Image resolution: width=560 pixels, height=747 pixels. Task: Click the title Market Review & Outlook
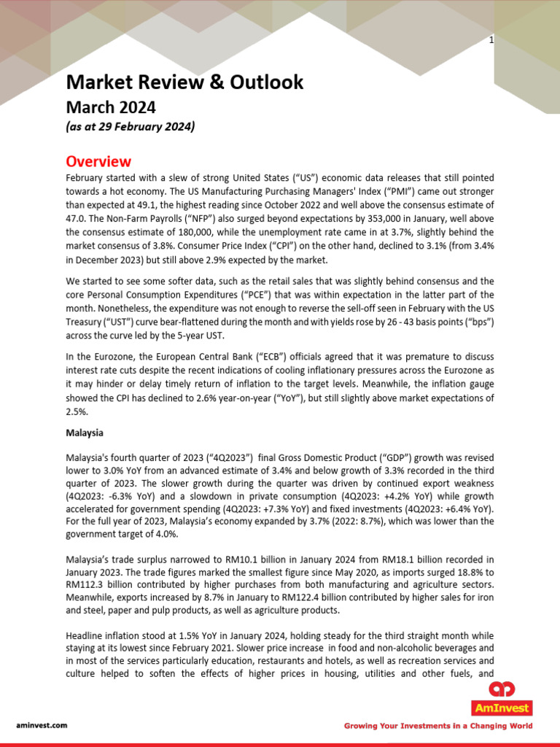(x=184, y=82)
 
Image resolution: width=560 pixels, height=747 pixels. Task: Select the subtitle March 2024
(x=111, y=107)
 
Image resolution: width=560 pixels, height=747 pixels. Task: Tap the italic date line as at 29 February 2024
(x=131, y=127)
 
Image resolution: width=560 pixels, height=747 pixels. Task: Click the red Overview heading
(x=98, y=161)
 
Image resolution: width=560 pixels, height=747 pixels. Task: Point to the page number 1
(x=491, y=40)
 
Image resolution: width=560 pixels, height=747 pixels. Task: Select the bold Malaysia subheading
(x=85, y=433)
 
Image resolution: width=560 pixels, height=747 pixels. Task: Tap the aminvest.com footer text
(x=42, y=725)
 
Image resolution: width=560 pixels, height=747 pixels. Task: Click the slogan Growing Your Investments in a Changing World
(x=438, y=726)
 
